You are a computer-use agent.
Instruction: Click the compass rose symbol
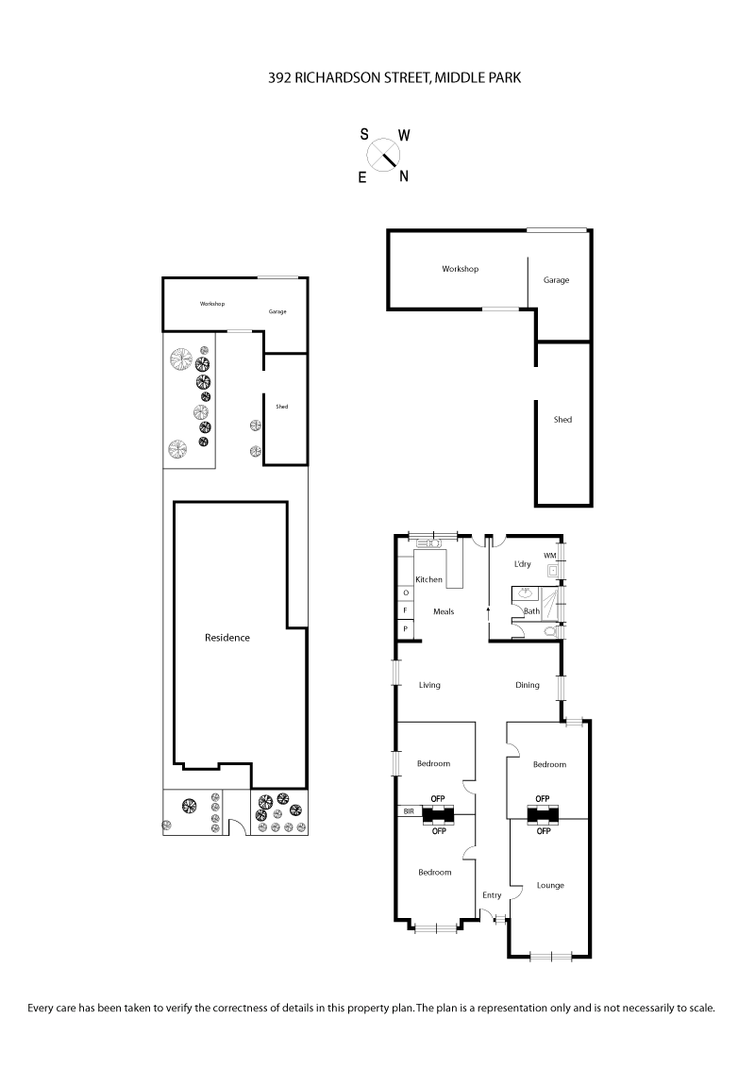(x=384, y=154)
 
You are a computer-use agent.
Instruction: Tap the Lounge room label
(x=550, y=885)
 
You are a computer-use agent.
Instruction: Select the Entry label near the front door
(x=492, y=895)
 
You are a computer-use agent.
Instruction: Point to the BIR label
(x=409, y=810)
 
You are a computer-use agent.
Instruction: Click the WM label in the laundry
(x=549, y=556)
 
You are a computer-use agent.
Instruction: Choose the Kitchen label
(x=429, y=579)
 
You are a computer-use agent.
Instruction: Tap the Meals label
(x=444, y=611)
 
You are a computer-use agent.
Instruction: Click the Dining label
(x=528, y=685)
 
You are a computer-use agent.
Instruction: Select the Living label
(x=429, y=685)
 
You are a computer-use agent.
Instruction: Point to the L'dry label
(x=522, y=564)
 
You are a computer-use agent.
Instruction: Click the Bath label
(x=531, y=611)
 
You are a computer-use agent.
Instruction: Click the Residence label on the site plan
(x=227, y=638)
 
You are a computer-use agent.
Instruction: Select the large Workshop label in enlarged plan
(x=461, y=269)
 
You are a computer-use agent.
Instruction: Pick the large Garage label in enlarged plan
(x=556, y=280)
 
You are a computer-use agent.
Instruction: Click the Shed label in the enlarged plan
(x=562, y=420)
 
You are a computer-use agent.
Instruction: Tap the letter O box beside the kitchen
(x=406, y=593)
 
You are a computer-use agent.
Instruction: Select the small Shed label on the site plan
(x=281, y=407)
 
